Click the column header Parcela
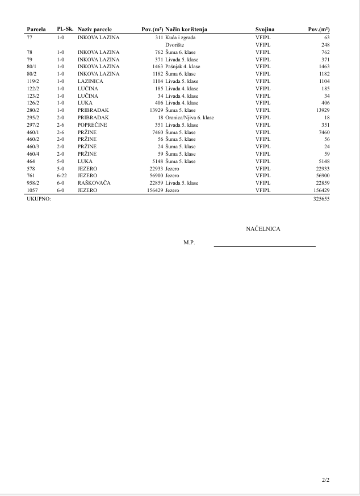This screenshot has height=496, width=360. click(x=36, y=29)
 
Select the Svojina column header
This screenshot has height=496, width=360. click(x=265, y=29)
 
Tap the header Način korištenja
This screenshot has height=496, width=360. click(x=186, y=29)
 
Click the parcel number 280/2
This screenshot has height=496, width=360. click(x=33, y=110)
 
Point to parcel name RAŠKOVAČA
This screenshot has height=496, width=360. click(x=94, y=183)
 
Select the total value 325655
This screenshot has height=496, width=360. click(x=321, y=199)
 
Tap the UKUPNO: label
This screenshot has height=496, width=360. click(x=39, y=199)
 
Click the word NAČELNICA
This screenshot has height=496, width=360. click(x=263, y=229)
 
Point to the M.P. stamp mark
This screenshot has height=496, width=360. click(x=189, y=242)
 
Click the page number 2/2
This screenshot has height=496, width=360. click(x=325, y=480)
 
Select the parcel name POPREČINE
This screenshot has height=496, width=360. click(x=92, y=124)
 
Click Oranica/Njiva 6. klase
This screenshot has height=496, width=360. click(x=189, y=117)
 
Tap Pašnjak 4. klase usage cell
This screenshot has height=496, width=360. click(x=182, y=66)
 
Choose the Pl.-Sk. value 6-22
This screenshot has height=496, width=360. click(x=62, y=176)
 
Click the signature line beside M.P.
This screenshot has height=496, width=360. click(x=264, y=245)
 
